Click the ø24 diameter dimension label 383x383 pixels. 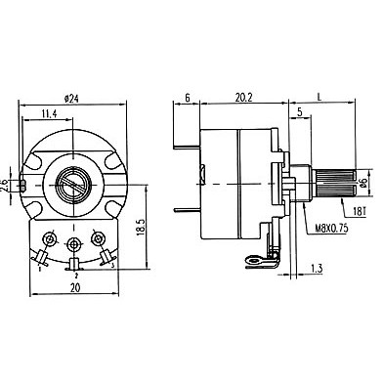(x=71, y=99)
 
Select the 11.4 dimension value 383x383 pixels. (x=49, y=113)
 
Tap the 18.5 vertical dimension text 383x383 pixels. (x=141, y=227)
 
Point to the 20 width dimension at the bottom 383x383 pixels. (x=75, y=287)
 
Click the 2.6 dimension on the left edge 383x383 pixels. (x=4, y=185)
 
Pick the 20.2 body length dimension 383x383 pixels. (x=244, y=98)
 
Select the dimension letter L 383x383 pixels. (x=319, y=97)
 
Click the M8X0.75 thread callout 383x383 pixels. (x=331, y=229)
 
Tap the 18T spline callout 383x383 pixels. (x=360, y=213)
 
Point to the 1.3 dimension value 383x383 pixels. (x=317, y=269)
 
